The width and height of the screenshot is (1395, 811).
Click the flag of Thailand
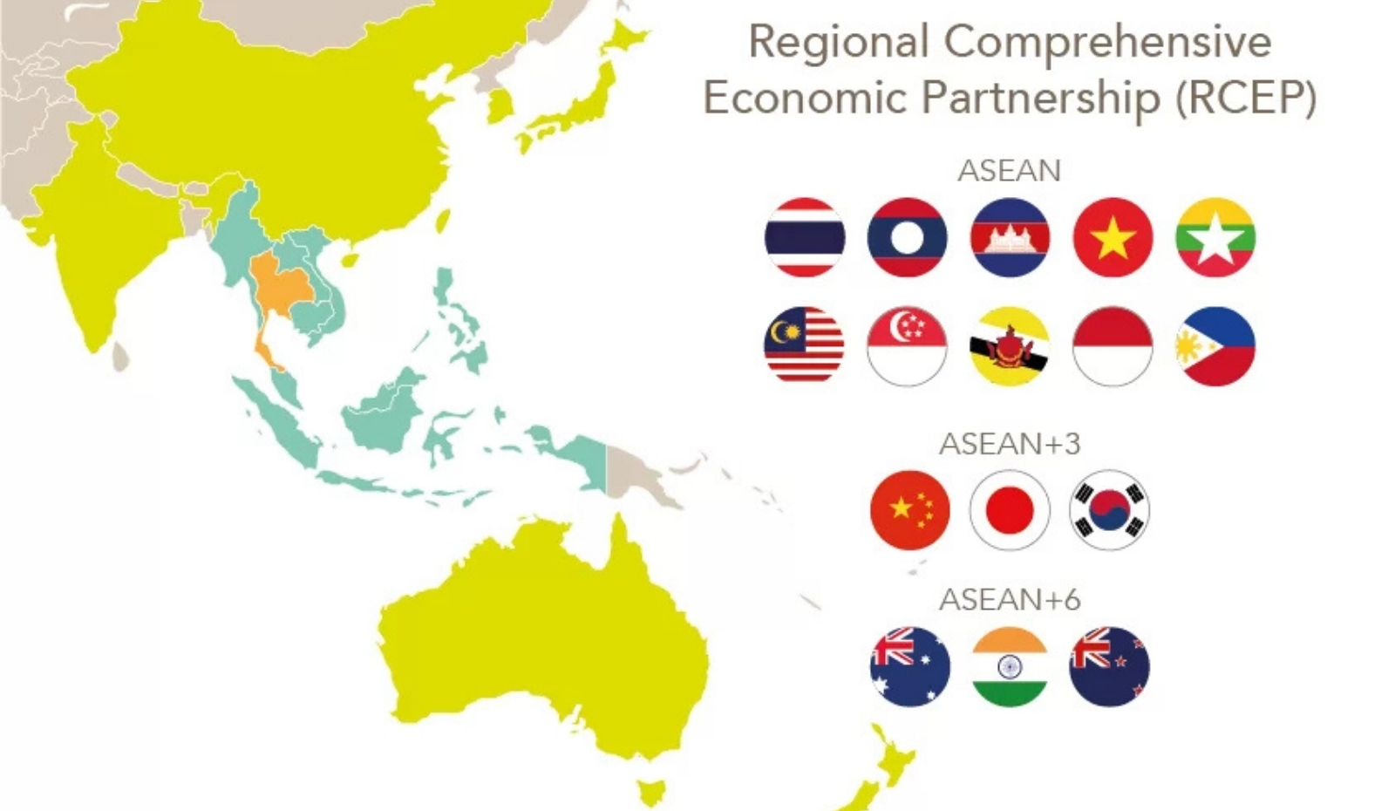tap(804, 237)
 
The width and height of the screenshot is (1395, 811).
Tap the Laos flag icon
tap(907, 237)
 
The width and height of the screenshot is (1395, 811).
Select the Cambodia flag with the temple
tap(1010, 237)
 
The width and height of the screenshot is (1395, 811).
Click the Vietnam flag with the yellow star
tap(1113, 237)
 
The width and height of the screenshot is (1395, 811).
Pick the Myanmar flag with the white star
tap(1215, 237)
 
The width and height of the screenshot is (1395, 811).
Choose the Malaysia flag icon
tap(804, 345)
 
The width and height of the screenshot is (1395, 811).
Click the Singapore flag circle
tap(907, 345)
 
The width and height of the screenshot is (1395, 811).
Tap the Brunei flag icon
tap(1010, 345)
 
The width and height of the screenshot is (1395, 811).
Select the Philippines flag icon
tap(1215, 345)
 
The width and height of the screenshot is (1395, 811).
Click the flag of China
tap(909, 510)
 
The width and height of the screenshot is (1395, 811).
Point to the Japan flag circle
tap(1010, 510)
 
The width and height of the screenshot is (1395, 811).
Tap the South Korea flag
tap(1109, 510)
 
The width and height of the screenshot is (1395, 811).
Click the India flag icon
tap(1010, 667)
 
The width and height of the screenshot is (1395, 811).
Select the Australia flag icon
tap(909, 667)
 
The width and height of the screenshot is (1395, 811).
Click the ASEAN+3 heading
tap(1010, 444)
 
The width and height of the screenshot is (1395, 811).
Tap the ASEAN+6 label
tap(1010, 600)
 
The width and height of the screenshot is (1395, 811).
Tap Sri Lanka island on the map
tap(120, 356)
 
